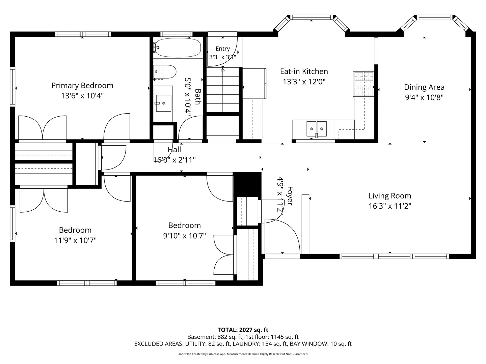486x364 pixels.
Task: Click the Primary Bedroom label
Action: coord(82,86)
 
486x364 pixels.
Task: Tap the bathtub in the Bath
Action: coord(178,48)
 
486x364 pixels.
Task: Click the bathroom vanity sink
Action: coord(164,103)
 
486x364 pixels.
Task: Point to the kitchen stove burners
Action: coord(363,84)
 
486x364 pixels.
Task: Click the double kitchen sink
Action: coord(316,129)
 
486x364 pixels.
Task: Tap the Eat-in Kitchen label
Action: coord(304,71)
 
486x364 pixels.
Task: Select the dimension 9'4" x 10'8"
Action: coord(424,97)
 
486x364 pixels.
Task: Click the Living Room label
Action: coord(390,196)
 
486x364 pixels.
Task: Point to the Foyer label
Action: coord(290,196)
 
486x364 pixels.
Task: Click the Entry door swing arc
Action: coord(230,60)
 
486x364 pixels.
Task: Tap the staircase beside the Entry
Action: coord(223,90)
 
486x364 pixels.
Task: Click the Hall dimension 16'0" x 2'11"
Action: coord(174,160)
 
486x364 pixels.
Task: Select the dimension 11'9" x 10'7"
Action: coord(75,240)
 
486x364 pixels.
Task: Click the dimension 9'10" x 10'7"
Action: coord(184,236)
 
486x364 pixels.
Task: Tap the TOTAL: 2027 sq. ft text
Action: coord(243,330)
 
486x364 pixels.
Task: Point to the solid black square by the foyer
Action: coord(247,185)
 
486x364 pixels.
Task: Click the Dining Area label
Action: coord(424,87)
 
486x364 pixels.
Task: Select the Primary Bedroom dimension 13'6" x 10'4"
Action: coord(82,96)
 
